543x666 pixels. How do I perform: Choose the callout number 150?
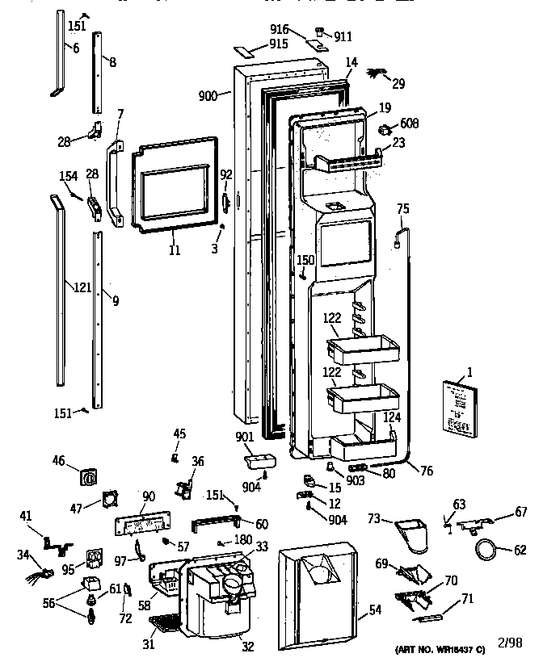[x=305, y=260]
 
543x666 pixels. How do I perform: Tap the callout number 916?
[x=280, y=29]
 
